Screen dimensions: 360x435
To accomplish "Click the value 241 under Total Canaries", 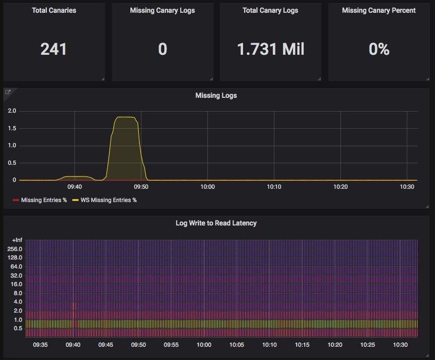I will [x=54, y=49].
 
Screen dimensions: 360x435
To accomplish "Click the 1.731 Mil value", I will [x=271, y=49].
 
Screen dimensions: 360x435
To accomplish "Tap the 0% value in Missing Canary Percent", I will [x=379, y=49].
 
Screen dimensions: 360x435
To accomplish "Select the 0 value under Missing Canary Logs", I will [x=162, y=49].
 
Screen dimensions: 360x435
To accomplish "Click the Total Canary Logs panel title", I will [x=270, y=11].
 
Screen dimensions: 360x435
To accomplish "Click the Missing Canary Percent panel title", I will [x=379, y=11].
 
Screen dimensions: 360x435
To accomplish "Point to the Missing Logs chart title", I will [x=216, y=96].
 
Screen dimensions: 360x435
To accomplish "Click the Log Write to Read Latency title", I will [x=216, y=223].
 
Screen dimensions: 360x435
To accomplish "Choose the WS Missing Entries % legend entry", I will [x=108, y=200].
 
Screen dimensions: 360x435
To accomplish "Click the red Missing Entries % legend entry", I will [x=43, y=200].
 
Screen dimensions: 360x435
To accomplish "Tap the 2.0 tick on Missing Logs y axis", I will [x=11, y=111].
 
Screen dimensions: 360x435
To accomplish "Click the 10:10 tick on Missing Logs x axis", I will [x=274, y=187].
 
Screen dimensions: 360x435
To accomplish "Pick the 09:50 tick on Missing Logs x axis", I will [x=141, y=187].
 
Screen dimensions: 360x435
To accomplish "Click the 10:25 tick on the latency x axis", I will [x=367, y=345].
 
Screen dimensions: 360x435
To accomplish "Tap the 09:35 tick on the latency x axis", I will [x=40, y=345].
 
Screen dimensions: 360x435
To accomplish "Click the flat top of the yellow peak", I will [x=126, y=117].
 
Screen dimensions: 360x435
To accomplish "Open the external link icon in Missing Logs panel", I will [x=8, y=92].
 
